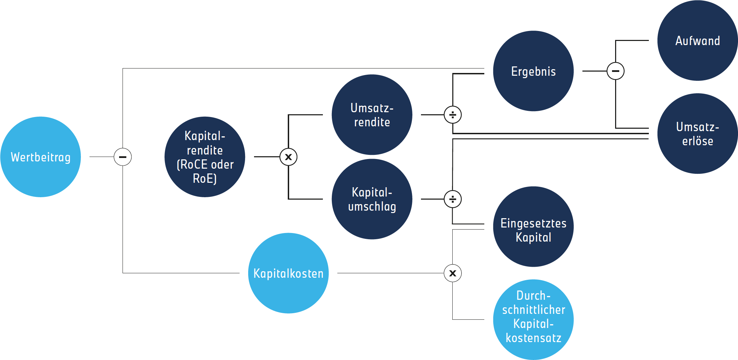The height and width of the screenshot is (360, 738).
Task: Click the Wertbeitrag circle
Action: (x=41, y=157)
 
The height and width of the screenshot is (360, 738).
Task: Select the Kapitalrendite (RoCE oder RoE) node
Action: (x=205, y=157)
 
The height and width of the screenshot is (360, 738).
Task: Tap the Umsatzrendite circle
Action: (x=372, y=115)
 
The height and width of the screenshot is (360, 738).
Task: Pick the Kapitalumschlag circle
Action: (x=372, y=199)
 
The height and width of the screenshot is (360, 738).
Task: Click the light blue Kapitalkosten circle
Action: (x=288, y=273)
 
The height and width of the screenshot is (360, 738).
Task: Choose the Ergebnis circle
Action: (x=533, y=71)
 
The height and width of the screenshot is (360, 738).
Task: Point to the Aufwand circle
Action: (x=697, y=41)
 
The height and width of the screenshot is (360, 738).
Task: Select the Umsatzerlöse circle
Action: (x=697, y=134)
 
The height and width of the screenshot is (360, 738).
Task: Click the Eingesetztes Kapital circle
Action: (x=533, y=226)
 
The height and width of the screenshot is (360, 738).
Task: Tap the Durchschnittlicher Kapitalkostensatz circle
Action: (x=533, y=319)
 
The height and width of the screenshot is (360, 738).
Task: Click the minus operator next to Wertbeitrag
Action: (x=123, y=157)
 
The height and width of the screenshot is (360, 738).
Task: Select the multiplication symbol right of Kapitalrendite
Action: (x=288, y=157)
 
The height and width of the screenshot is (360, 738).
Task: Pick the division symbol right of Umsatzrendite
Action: (x=453, y=115)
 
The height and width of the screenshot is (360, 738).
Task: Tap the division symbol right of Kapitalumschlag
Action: (x=453, y=199)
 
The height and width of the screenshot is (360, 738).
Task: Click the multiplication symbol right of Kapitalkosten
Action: (x=453, y=273)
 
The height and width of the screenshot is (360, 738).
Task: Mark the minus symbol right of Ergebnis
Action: (x=615, y=71)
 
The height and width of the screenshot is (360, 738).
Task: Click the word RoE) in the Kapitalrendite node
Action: (x=205, y=179)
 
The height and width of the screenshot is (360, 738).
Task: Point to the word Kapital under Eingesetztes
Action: (x=533, y=237)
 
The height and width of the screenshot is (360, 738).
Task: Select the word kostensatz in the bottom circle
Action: (x=533, y=338)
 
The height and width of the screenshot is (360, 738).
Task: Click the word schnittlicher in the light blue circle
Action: (x=533, y=310)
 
